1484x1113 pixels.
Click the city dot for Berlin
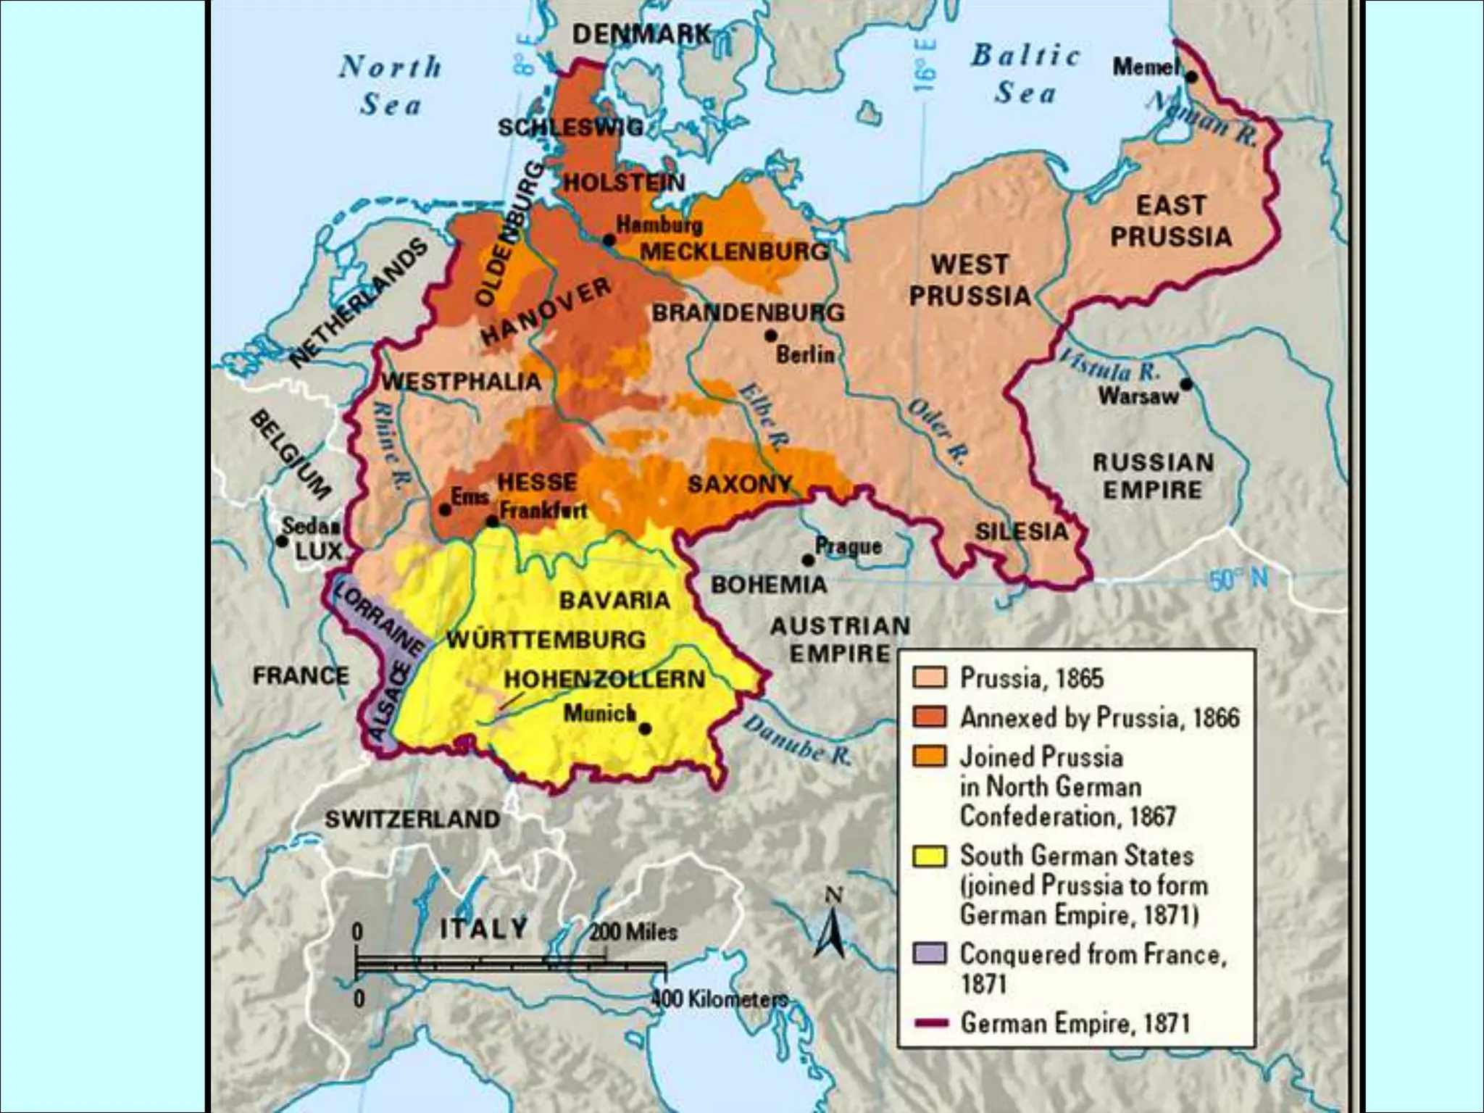click(x=771, y=336)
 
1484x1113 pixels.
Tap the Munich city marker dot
click(x=645, y=729)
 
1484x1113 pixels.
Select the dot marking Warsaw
click(x=1186, y=384)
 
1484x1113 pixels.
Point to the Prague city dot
click(x=808, y=560)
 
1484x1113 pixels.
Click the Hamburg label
click(x=659, y=225)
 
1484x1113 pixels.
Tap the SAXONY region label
click(x=739, y=484)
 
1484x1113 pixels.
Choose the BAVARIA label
click(x=614, y=600)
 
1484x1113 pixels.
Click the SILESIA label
click(x=1022, y=532)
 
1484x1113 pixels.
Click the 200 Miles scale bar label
click(x=633, y=932)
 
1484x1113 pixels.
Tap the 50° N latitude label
click(x=1238, y=579)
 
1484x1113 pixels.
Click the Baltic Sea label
click(x=1025, y=74)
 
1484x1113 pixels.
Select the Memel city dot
click(x=1191, y=75)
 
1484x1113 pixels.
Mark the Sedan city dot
click(x=282, y=541)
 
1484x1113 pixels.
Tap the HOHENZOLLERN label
click(x=604, y=680)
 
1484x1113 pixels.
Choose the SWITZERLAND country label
click(x=412, y=820)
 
